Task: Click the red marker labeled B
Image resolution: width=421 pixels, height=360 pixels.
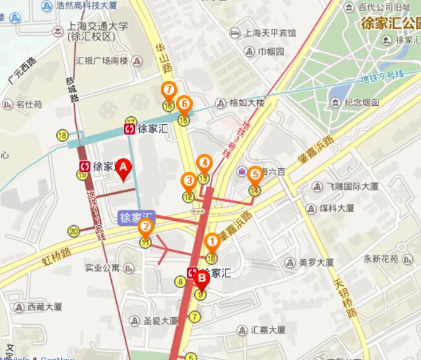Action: click(201, 278)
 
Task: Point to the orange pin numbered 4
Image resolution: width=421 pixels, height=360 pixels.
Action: click(204, 164)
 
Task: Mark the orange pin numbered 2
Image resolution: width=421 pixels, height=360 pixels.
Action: click(145, 227)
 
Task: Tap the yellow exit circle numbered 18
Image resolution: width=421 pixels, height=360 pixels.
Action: click(62, 135)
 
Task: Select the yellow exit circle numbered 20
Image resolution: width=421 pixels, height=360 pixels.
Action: click(74, 231)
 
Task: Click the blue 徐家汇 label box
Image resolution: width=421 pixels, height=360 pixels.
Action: click(135, 217)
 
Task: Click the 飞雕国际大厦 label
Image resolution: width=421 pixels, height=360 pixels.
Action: click(353, 186)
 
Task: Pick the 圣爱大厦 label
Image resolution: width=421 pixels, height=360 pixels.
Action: click(160, 320)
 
